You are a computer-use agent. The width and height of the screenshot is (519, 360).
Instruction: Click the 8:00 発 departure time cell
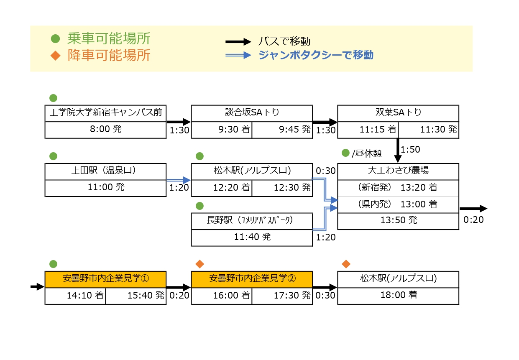coord(106,130)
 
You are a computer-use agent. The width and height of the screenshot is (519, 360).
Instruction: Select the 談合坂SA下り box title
coord(252,113)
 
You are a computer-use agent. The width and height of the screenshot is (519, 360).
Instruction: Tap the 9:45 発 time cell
coord(282,130)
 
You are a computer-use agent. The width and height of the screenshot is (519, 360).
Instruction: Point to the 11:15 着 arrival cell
coord(368,130)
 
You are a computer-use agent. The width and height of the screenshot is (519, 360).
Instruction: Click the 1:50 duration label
coord(410,149)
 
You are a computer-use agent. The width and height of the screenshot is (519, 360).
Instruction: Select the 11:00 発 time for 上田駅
coord(106,188)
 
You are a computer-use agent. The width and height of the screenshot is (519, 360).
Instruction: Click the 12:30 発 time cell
coord(282,188)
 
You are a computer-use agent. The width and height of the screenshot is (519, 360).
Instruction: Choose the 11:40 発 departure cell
coord(252,237)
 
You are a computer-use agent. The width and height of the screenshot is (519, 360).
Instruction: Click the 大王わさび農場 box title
coord(398,171)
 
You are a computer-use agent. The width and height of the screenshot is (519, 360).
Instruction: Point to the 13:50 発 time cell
coord(398,221)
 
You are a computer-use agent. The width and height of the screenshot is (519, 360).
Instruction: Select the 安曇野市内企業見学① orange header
coord(106,279)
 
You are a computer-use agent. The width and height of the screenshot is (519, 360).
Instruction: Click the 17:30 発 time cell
coord(282,296)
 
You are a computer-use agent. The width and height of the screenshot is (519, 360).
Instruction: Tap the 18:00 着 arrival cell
coord(398,296)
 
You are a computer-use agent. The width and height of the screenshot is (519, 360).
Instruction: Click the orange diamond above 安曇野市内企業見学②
coord(200,264)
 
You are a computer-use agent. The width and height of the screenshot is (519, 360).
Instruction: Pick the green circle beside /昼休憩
coord(345,153)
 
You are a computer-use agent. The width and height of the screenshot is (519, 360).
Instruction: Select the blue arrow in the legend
coord(238,55)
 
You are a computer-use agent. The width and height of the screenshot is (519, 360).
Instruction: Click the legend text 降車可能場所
coord(109,55)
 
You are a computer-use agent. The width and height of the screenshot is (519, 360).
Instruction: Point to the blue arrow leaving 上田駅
coord(179,180)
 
